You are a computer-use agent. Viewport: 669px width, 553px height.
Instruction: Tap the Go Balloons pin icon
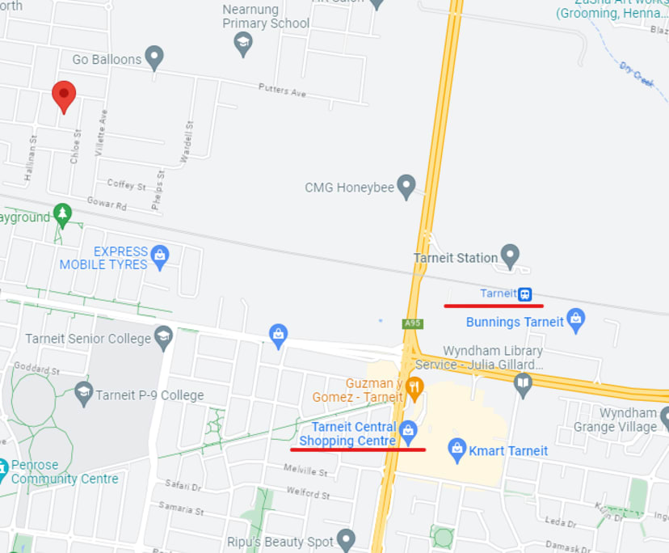(154, 57)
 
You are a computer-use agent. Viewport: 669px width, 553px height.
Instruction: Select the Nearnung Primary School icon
(243, 43)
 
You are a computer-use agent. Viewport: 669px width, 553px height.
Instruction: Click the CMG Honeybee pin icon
(406, 187)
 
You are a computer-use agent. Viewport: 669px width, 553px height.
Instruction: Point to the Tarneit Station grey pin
(510, 256)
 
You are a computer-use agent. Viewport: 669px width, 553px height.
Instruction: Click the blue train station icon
(525, 294)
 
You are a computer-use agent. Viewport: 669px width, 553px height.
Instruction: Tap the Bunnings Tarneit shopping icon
(575, 320)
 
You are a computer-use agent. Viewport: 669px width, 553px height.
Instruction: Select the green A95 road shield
(413, 324)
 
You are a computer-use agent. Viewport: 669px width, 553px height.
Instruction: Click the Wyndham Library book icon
(524, 383)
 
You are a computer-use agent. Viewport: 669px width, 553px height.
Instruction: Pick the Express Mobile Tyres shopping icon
(160, 256)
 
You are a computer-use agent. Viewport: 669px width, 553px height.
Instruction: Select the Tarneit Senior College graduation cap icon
(164, 337)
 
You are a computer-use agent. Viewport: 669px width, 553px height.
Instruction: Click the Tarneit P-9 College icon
(83, 394)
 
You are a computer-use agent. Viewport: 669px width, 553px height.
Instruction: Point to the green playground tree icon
(62, 215)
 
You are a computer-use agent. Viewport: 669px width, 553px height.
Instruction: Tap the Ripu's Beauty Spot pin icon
(346, 539)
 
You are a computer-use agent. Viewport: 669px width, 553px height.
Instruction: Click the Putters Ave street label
(282, 90)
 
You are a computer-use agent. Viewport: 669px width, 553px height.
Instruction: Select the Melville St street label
(305, 470)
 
